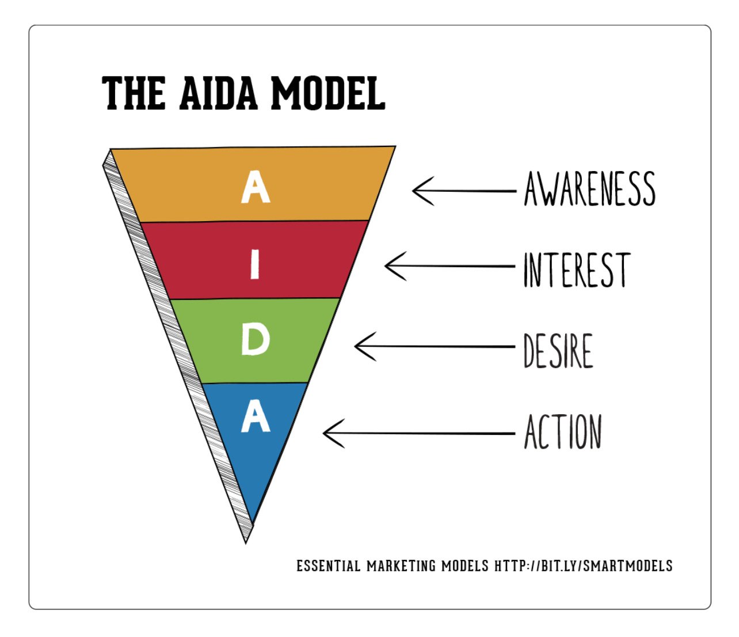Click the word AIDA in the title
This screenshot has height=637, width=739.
pos(218,93)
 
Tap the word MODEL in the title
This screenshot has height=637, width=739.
pos(327,93)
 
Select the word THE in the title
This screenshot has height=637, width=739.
pos(134,93)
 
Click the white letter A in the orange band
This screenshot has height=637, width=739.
pos(256,187)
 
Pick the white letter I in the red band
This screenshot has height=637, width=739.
pos(255,264)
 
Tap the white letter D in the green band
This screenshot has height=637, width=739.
pos(255,339)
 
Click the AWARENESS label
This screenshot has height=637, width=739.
pos(589,189)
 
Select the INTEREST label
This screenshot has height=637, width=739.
pos(577,270)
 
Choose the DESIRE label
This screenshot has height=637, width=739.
pos(558,350)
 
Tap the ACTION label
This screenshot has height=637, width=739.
pos(563,431)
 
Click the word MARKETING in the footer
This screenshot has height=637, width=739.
pos(401,566)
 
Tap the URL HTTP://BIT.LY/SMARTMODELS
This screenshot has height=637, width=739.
pos(583,566)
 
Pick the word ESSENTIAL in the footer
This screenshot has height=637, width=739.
pos(328,566)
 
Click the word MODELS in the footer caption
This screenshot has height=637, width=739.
pos(464,566)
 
